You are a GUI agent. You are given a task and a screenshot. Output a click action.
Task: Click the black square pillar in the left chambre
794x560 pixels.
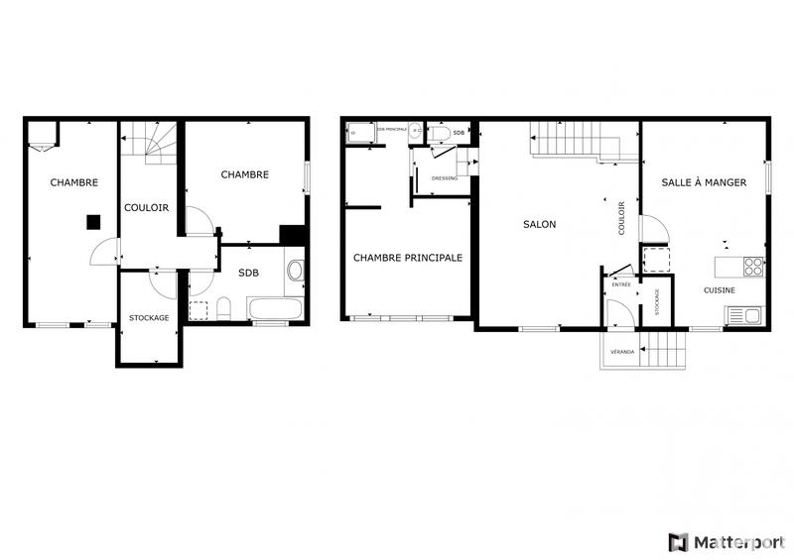click(x=92, y=222)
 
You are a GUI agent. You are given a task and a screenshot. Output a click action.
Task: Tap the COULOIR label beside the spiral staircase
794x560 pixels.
click(x=146, y=208)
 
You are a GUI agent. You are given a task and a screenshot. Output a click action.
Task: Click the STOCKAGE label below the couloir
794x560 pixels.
click(x=149, y=317)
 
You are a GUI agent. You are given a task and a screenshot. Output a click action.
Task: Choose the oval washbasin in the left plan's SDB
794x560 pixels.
click(x=295, y=270)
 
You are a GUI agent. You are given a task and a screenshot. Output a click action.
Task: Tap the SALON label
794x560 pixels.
click(x=540, y=224)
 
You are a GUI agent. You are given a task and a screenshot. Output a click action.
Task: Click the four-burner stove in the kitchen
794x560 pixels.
click(x=753, y=266)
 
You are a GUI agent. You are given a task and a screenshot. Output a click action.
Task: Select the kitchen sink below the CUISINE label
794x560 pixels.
click(x=743, y=315)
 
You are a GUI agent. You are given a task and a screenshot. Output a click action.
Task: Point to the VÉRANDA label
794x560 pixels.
click(x=622, y=351)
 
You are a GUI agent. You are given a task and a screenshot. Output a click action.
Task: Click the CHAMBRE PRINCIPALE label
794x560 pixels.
click(x=408, y=258)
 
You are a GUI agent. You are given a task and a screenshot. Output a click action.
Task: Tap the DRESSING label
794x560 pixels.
click(x=445, y=178)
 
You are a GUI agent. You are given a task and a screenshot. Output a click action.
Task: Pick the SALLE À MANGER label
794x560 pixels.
click(x=704, y=182)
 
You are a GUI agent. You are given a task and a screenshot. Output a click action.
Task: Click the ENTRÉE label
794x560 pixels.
click(x=621, y=284)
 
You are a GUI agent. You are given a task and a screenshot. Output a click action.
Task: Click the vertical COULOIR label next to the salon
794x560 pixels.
click(x=621, y=218)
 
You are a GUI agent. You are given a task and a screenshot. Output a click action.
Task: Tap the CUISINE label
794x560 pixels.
click(x=720, y=290)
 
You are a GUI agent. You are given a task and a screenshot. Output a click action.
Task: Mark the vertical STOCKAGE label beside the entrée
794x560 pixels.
click(x=656, y=301)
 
